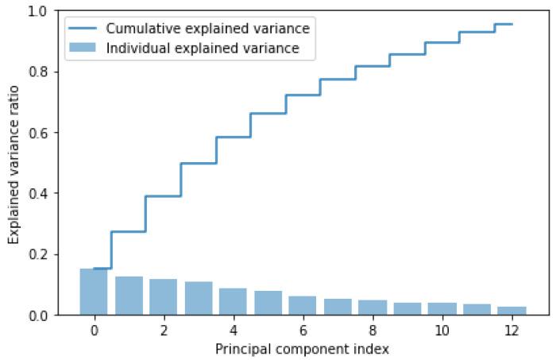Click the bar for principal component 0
coord(94,292)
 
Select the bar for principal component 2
coord(164,297)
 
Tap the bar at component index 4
coord(234,302)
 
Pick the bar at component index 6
coord(303,306)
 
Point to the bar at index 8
coord(373,308)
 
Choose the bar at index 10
coord(442,309)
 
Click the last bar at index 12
coord(512,311)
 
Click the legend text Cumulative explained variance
coord(207,29)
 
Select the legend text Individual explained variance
coord(203,48)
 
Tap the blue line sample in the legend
coord(83,29)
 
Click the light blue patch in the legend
coord(83,48)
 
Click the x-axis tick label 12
coord(512,330)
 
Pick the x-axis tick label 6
coord(303,330)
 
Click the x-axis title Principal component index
coord(303,348)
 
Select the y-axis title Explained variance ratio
coord(14,163)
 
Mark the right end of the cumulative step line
coord(512,25)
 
